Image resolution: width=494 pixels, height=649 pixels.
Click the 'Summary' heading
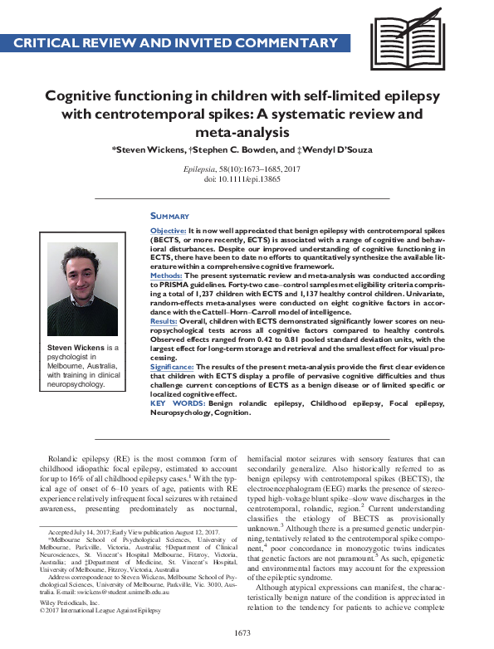coord(170,216)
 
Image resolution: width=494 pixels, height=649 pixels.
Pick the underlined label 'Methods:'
coord(167,273)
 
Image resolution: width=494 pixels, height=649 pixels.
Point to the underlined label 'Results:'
coord(164,319)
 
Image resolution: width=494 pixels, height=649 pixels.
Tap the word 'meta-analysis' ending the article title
coord(247,131)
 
